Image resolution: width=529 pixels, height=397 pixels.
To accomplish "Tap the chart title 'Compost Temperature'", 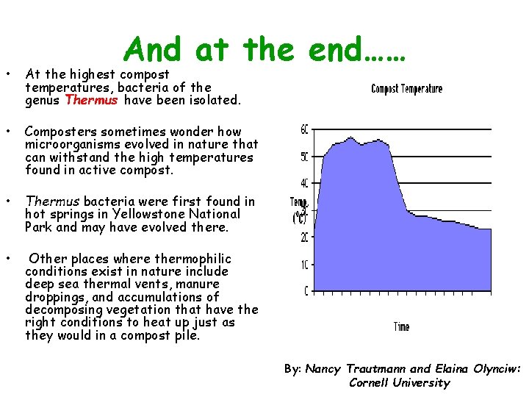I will tap(406, 89).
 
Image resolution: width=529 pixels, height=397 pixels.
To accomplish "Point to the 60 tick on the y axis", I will tap(304, 130).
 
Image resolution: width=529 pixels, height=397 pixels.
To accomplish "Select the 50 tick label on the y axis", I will tap(304, 157).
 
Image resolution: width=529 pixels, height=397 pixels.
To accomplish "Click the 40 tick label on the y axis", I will tap(304, 183).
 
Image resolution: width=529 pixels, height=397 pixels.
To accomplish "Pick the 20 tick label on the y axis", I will tap(304, 237).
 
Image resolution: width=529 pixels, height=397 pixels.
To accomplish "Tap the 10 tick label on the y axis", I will tap(304, 264).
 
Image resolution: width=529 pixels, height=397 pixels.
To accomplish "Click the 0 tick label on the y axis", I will tap(306, 291).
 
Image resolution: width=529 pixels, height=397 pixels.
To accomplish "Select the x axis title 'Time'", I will tap(401, 326).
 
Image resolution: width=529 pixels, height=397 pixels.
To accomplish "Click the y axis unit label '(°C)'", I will tap(300, 218).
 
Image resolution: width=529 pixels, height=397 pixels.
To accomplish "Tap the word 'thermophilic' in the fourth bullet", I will tap(194, 259).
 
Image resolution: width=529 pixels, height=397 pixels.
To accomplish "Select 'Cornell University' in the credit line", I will tap(399, 382).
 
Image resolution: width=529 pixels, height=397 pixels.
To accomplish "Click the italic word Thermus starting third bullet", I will tap(52, 201).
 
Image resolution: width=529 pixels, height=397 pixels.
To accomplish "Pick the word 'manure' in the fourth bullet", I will tap(198, 284).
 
